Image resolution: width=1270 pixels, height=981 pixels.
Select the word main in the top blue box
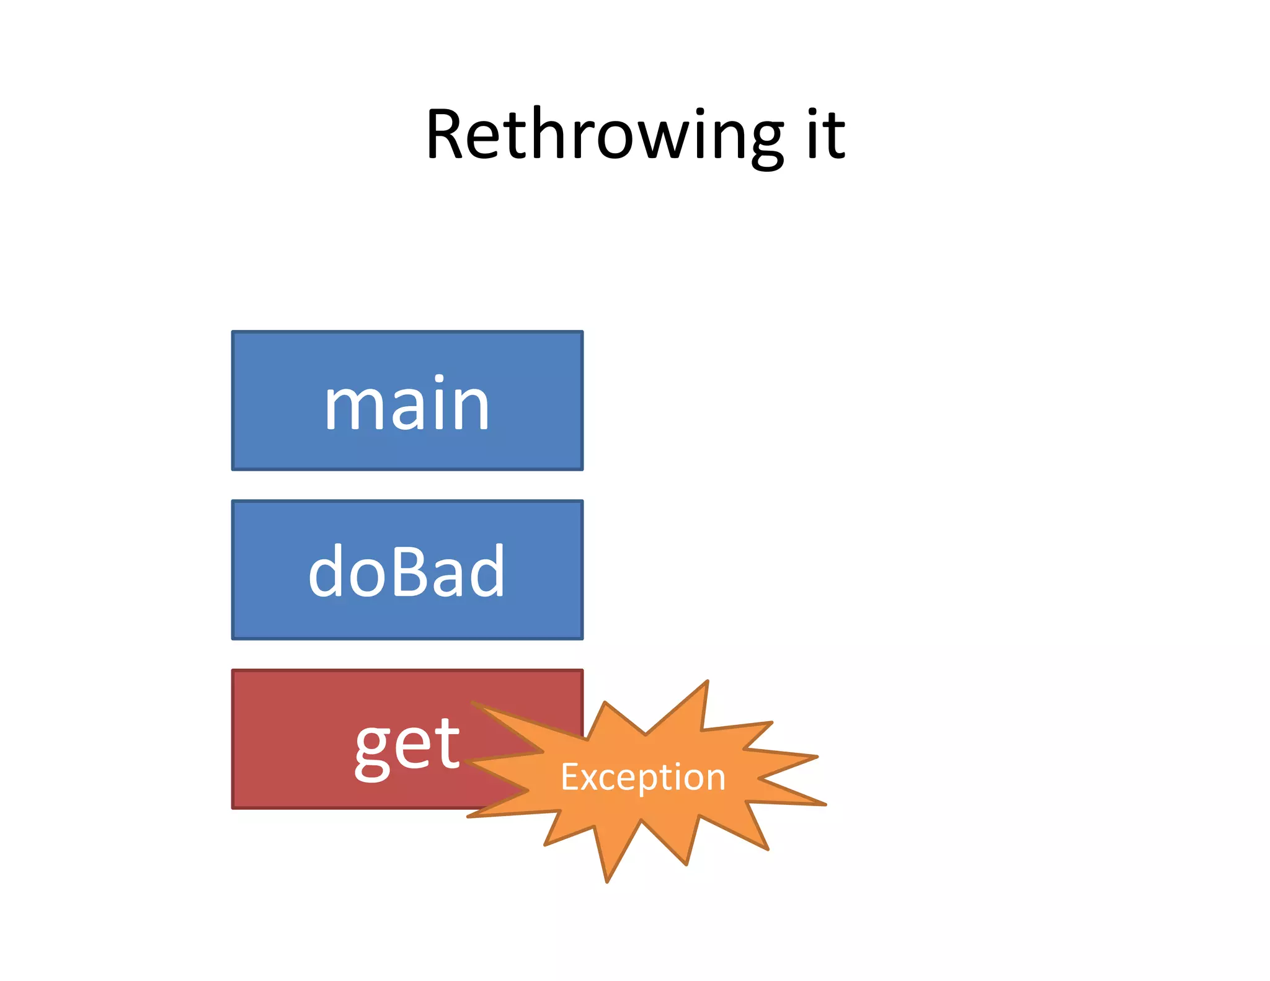tap(407, 404)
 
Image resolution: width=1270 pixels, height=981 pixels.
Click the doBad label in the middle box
tap(407, 572)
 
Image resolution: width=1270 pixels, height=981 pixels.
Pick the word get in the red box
tap(407, 744)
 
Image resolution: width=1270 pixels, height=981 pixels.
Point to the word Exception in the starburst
tap(643, 777)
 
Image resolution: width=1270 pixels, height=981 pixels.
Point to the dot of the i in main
tap(439, 379)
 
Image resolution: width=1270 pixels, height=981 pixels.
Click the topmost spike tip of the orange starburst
tap(708, 681)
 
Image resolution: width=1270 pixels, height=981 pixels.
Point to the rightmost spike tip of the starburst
tap(826, 804)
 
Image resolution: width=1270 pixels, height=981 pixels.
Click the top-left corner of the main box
tap(233, 332)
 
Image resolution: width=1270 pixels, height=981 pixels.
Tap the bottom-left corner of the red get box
tap(233, 807)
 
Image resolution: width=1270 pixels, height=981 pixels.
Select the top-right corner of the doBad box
tap(582, 502)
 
